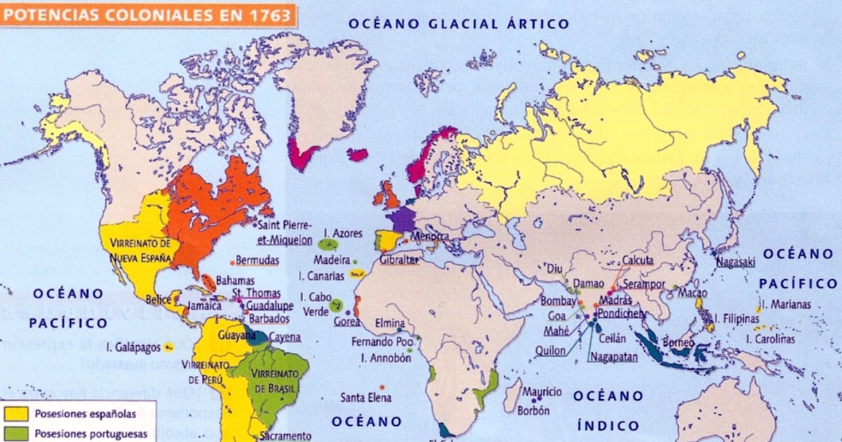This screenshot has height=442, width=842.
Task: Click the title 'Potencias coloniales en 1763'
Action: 147,13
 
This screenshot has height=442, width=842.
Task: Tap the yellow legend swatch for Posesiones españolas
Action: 17,414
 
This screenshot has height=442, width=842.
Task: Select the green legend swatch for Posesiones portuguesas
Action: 17,433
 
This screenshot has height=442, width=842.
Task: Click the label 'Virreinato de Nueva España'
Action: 140,250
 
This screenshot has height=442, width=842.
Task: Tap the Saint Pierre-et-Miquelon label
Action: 285,233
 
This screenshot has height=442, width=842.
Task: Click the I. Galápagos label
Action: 133,347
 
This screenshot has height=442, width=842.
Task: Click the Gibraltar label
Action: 398,260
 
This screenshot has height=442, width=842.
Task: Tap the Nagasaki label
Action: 735,261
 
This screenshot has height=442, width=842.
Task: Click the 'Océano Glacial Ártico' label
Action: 459,24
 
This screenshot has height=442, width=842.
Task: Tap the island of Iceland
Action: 358,154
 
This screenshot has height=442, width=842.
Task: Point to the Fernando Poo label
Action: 382,343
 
